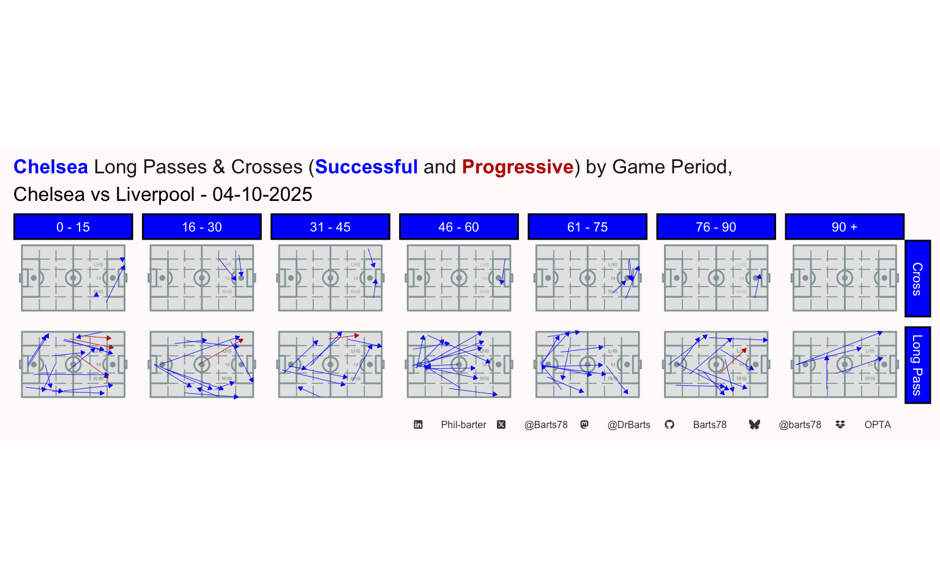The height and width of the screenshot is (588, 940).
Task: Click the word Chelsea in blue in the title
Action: coord(51,167)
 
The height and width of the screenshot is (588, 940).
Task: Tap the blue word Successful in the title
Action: coord(366,167)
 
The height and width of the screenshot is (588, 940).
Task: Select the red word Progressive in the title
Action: coord(518,167)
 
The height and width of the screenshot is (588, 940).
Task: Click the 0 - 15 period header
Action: coord(73,227)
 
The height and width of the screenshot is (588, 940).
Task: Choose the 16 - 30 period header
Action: coord(201,227)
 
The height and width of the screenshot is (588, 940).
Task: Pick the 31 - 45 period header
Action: coord(330,227)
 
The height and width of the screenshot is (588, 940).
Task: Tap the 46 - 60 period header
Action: coord(458,227)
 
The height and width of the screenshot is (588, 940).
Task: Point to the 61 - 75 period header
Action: coord(587,227)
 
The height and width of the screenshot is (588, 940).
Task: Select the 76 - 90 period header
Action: coord(715,227)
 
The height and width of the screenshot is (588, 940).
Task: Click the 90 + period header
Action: coord(844,227)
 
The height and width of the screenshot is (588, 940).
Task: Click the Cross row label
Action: coord(917,279)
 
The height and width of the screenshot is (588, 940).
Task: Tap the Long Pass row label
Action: coord(917,365)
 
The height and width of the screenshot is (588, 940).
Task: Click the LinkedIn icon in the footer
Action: coord(418,424)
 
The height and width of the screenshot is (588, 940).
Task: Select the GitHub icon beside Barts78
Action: coord(670,424)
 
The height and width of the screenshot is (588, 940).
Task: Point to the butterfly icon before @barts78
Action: coord(754,424)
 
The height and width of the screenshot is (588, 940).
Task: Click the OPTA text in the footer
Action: coord(877,424)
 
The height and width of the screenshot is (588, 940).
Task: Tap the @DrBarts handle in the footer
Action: coord(629,424)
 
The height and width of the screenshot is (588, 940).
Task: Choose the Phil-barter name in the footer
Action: coord(463,424)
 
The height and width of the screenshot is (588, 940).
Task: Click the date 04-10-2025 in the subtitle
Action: coord(262,194)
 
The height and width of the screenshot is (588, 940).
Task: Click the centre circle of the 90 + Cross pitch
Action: coord(845,278)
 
